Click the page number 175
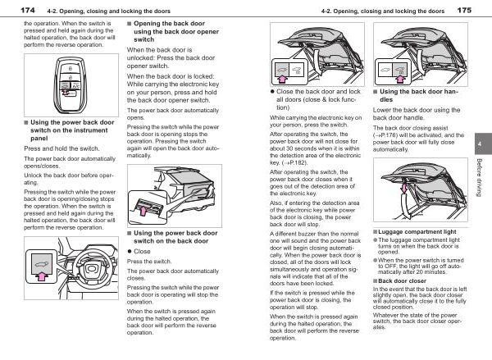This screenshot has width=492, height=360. pyautogui.click(x=464, y=10)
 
